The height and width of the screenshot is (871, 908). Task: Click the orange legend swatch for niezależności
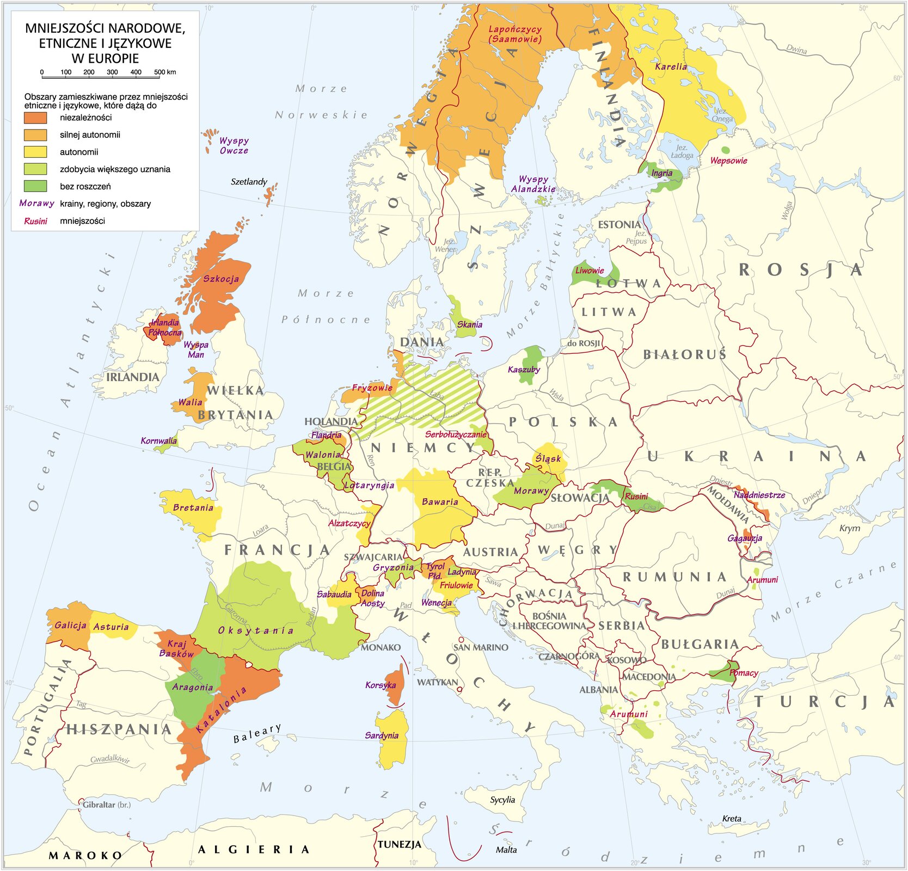coord(35,118)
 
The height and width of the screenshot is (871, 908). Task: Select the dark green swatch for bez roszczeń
coord(35,186)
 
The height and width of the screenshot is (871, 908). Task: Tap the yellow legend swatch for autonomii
coord(35,152)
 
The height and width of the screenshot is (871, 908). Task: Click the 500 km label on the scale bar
coord(164,72)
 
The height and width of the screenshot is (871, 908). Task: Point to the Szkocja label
coord(221,279)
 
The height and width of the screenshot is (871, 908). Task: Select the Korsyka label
coord(381,685)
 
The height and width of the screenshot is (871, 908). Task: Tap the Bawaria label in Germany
coord(440,501)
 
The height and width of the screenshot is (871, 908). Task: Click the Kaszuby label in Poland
coord(524,370)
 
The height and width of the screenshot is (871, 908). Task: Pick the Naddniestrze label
coord(759,495)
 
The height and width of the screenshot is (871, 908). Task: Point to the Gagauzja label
coord(745,538)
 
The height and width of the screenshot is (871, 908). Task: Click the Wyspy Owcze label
coord(234,145)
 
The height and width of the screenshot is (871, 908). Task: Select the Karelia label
coord(671,66)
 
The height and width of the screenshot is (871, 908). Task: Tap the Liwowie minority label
coord(590,271)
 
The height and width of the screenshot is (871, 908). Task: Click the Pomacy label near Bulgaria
coord(744,673)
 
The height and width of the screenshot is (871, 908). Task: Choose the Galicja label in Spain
coord(70,625)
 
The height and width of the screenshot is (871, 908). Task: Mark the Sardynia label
coord(382,735)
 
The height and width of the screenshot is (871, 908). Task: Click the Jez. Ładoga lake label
coord(681,151)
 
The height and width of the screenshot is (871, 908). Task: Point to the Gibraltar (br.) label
coord(107,805)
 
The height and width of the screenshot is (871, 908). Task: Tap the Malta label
coord(506,850)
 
